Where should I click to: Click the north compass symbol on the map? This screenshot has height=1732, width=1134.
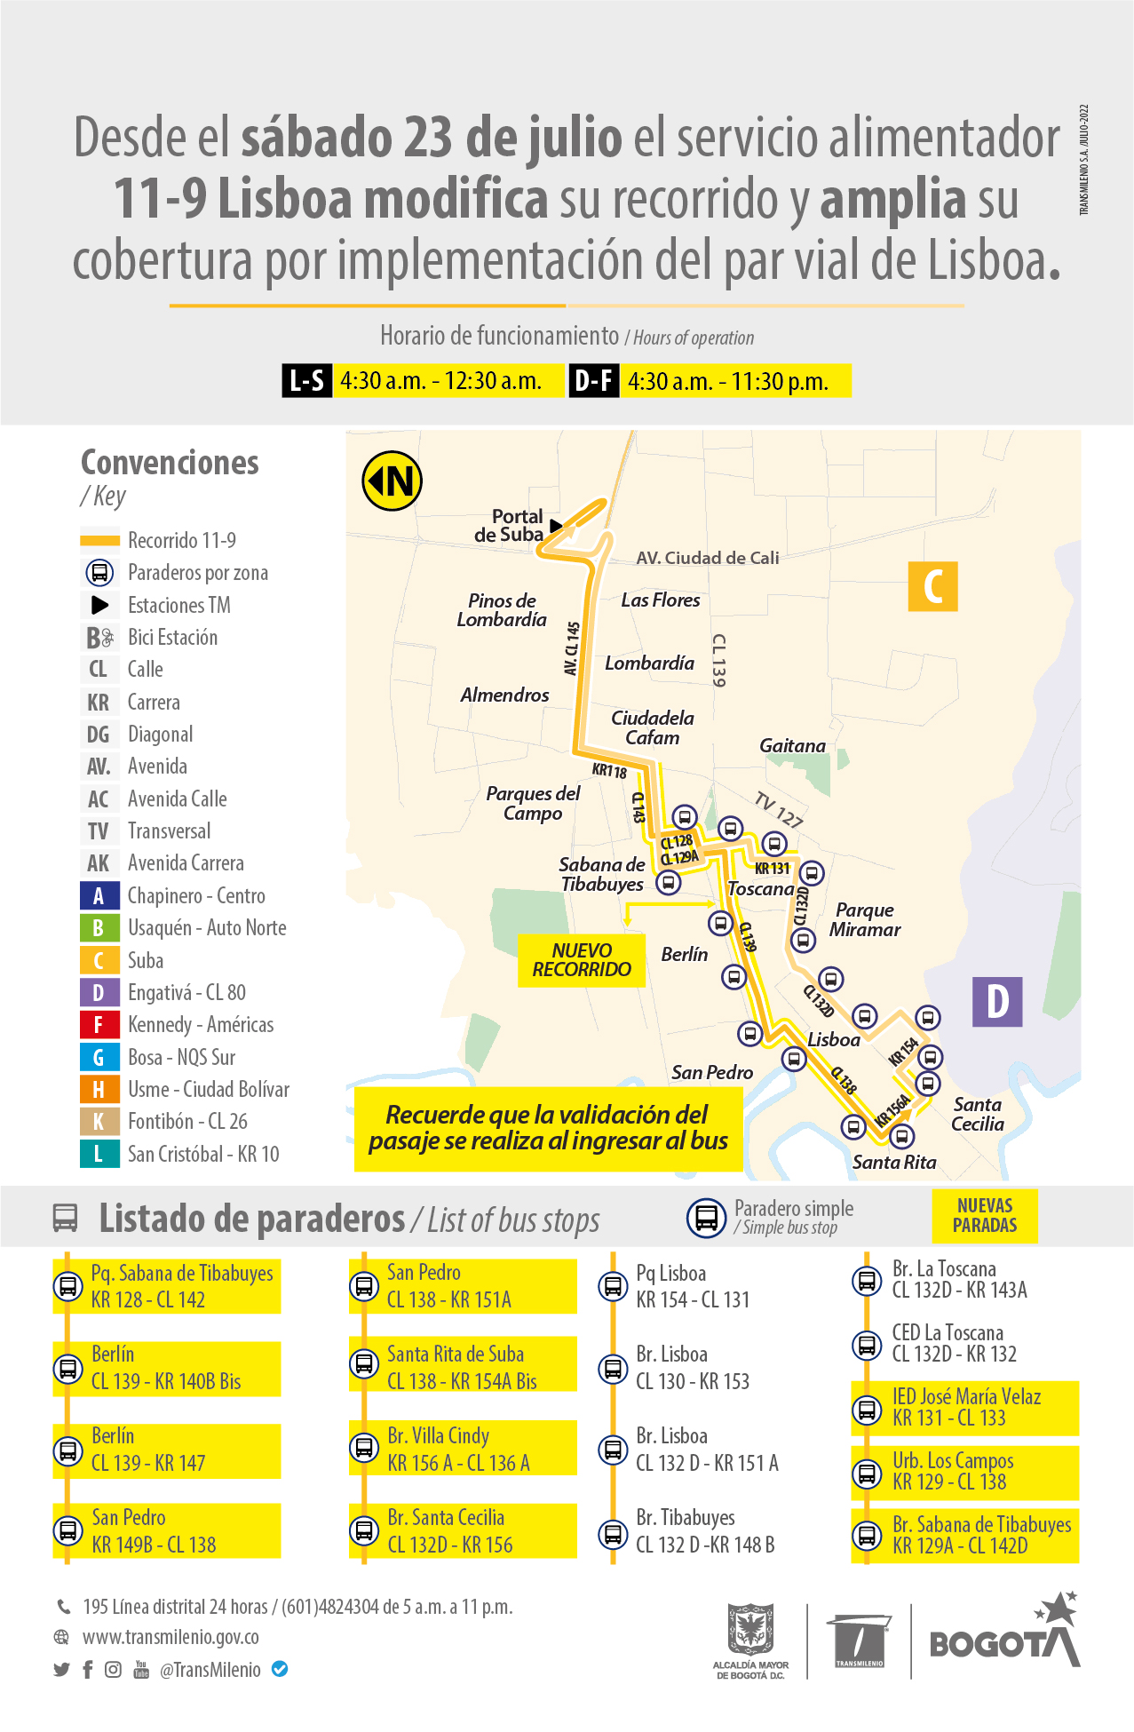392,481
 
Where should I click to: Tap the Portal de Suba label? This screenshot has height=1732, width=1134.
510,526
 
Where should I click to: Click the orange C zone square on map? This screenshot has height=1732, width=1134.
932,586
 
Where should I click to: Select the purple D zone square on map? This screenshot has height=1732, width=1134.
997,1001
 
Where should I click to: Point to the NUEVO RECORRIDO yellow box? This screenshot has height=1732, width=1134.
582,960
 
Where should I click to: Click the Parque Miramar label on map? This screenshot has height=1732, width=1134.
864,920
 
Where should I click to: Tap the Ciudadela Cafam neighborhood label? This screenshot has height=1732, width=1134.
652,727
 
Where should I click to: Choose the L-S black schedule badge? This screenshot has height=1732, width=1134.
307,381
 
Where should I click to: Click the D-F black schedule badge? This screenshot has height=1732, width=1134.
593,381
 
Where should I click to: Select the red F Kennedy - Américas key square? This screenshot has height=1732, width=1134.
99,1024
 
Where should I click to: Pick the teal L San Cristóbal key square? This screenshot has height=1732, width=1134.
99,1154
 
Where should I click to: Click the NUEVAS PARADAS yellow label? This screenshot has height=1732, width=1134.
984,1215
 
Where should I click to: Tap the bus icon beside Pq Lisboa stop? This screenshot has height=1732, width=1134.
613,1286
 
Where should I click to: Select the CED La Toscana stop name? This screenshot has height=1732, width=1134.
948,1333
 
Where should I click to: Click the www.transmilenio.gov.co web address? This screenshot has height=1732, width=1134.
170,1637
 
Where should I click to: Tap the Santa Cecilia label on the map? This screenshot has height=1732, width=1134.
977,1114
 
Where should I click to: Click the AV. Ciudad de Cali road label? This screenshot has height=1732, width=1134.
707,558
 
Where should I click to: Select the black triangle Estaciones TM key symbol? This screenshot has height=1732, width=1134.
100,605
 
